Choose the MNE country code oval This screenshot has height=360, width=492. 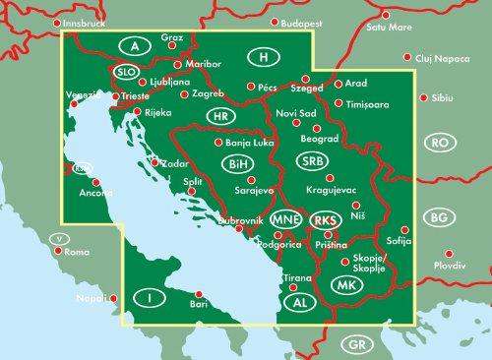point(282,219)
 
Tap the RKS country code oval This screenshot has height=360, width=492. point(323,220)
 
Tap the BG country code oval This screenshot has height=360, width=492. point(442,215)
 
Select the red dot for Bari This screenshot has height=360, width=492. point(199,292)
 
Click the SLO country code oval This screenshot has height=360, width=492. point(125,72)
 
